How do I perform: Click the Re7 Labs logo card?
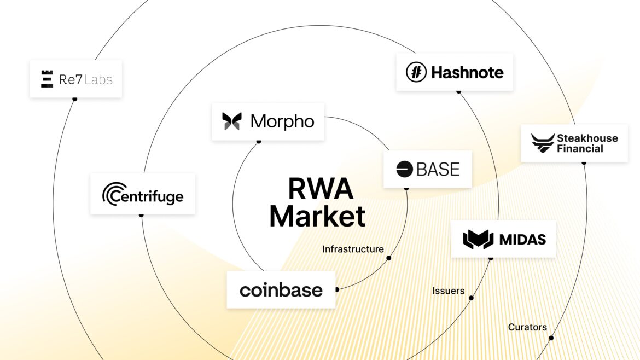click(76, 79)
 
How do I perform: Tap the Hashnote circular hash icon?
click(416, 72)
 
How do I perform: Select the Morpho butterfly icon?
click(232, 121)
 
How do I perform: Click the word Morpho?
click(282, 121)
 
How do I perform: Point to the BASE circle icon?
click(405, 169)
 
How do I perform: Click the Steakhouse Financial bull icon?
click(542, 143)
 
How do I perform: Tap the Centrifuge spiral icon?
click(114, 194)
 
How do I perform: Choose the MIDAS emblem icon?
click(478, 239)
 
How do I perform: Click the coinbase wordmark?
click(281, 290)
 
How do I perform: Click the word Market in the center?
click(317, 216)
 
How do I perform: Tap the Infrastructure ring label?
click(353, 249)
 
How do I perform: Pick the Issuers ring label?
click(448, 291)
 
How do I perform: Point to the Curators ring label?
click(527, 327)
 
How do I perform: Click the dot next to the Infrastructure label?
click(389, 258)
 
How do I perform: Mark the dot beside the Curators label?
click(551, 338)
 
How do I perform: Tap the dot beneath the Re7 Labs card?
click(75, 99)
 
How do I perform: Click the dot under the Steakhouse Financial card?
click(584, 162)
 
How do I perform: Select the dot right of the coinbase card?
click(337, 289)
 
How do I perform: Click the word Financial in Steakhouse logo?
click(580, 149)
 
